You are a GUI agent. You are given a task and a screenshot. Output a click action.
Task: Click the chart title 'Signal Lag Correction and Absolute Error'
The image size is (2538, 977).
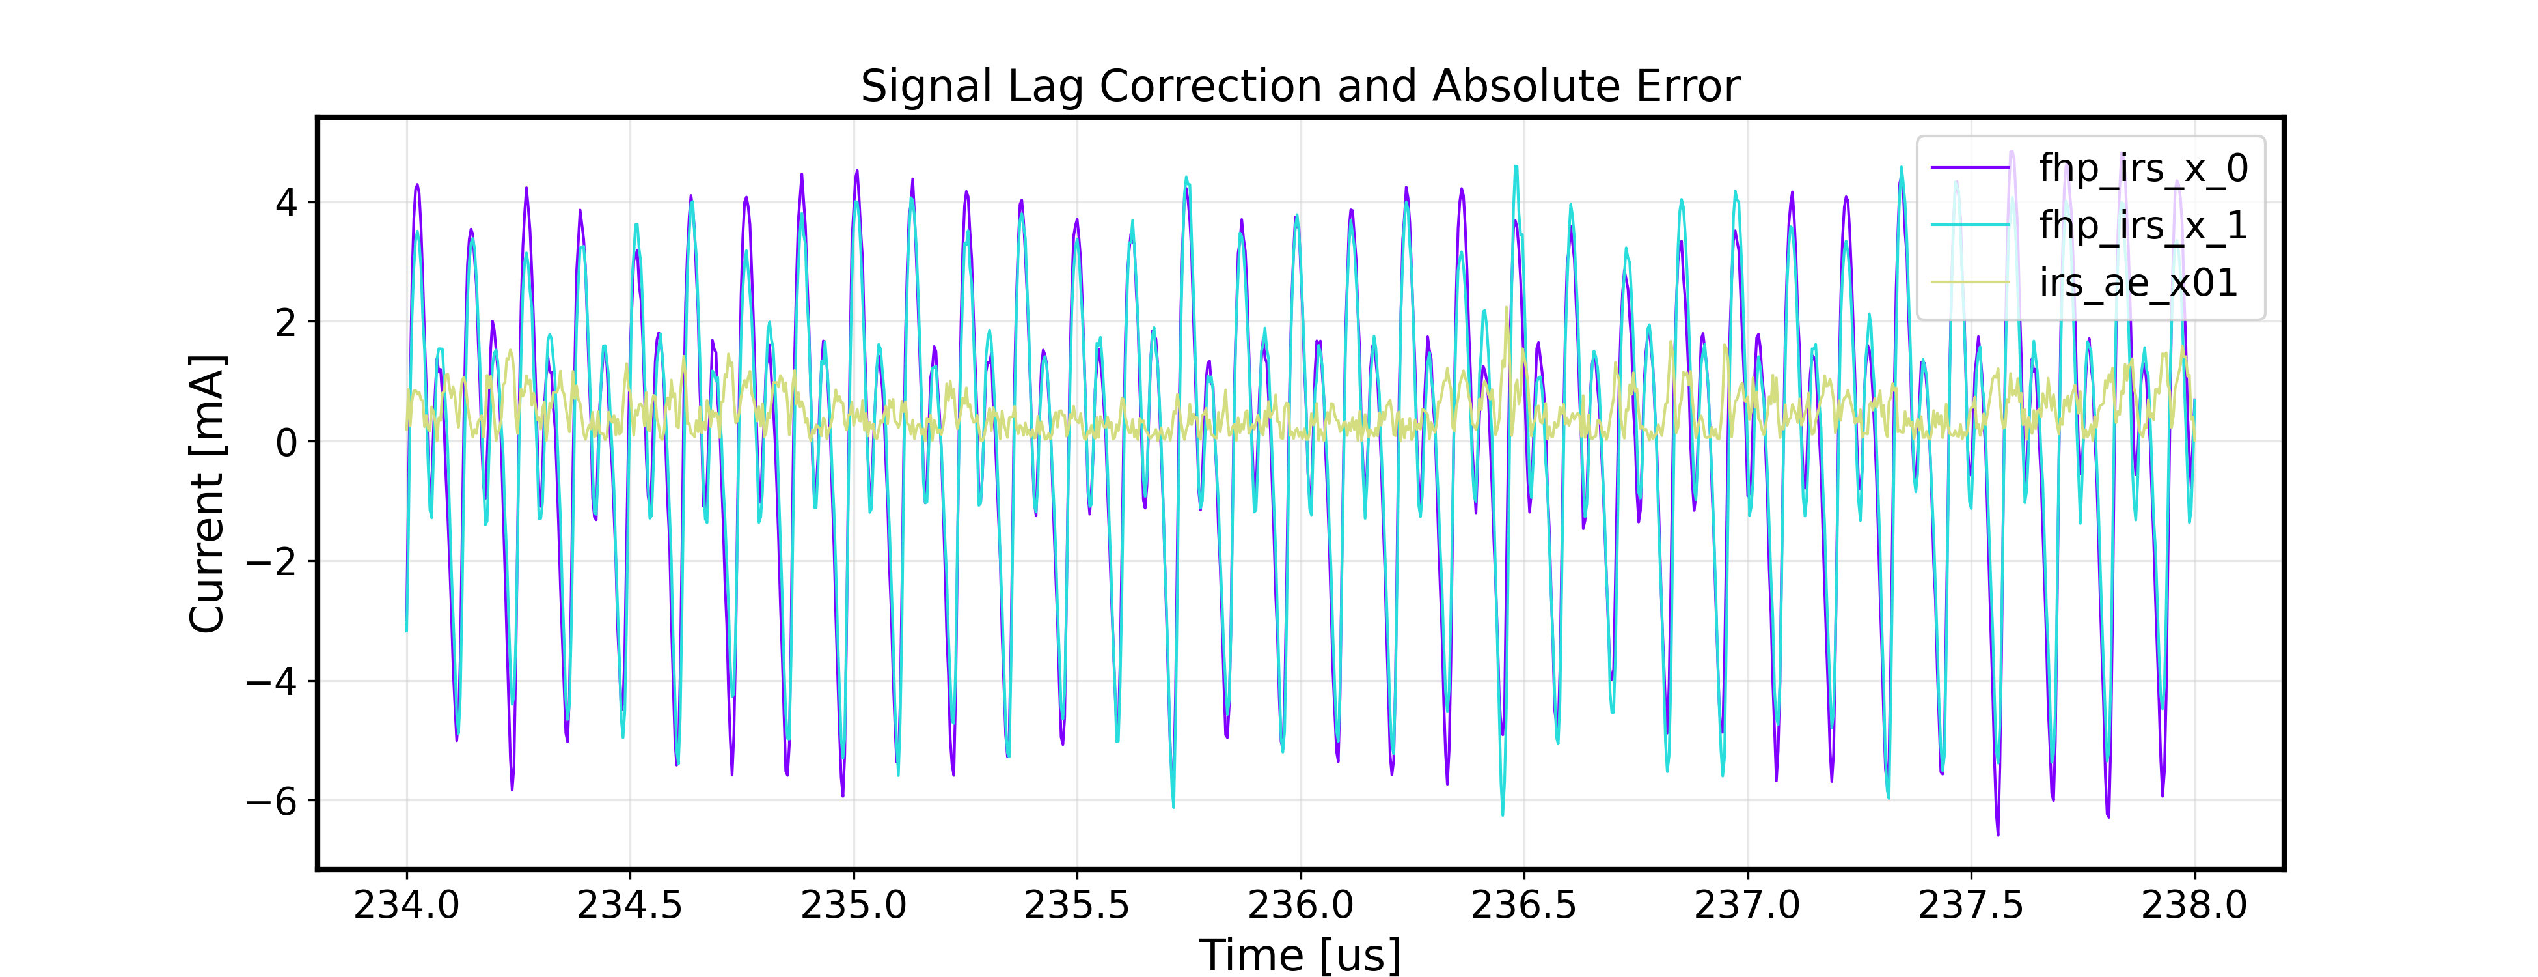[x=1300, y=87]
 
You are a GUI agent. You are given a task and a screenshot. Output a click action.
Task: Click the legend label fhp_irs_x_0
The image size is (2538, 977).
[x=2143, y=169]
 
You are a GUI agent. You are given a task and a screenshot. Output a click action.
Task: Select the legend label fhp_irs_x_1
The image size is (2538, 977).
[x=2143, y=226]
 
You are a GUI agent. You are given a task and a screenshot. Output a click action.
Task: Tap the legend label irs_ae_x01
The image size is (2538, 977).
[x=2138, y=283]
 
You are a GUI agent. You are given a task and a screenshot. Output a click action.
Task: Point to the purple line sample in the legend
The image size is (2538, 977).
[x=1969, y=169]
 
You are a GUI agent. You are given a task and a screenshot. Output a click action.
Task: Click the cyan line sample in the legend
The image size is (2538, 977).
[x=1969, y=226]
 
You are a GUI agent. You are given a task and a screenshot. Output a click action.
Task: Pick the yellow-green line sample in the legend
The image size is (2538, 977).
[x=1969, y=283]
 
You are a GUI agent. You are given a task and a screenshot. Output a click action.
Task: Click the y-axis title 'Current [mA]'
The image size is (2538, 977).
[x=207, y=493]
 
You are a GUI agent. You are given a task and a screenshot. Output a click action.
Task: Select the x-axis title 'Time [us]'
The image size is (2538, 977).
[x=1300, y=954]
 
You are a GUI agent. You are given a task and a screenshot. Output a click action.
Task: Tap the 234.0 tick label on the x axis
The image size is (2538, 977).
[x=406, y=904]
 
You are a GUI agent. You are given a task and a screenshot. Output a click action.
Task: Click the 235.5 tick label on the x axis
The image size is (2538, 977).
[x=1077, y=904]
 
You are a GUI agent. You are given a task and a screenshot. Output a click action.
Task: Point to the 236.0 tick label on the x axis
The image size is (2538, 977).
[x=1300, y=904]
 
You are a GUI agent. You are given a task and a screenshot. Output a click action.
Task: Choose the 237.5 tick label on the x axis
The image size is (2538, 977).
[x=1971, y=904]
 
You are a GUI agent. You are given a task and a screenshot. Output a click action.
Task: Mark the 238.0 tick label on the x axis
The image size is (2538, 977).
[x=2194, y=904]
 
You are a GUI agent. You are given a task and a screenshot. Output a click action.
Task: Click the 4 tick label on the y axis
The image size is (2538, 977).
[x=286, y=203]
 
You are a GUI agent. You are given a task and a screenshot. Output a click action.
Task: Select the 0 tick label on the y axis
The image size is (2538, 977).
[x=286, y=443]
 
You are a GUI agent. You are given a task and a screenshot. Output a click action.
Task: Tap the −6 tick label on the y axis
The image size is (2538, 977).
[x=271, y=802]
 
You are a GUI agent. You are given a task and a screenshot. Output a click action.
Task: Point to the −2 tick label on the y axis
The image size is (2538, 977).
[x=271, y=562]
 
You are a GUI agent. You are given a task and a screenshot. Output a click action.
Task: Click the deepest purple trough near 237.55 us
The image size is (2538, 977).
[x=1998, y=834]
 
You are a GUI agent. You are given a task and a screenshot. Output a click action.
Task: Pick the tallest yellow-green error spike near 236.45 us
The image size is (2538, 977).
[x=1507, y=309]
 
